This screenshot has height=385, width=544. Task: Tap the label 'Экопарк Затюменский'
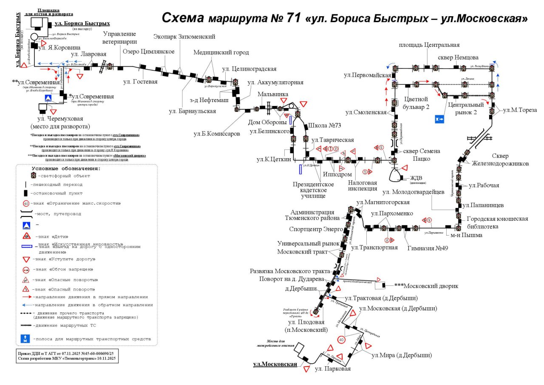point(184,37)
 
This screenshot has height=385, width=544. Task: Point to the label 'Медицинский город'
point(221,53)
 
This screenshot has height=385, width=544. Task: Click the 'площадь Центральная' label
point(429,45)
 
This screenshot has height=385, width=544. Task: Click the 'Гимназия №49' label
point(427,248)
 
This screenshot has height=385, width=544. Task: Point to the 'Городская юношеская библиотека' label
point(497,222)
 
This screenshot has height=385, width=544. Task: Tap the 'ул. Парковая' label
point(333,369)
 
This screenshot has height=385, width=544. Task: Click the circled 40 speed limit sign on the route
point(341,339)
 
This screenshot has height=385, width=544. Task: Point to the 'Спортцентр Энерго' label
point(314,229)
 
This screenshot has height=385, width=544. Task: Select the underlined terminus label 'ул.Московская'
point(275,364)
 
